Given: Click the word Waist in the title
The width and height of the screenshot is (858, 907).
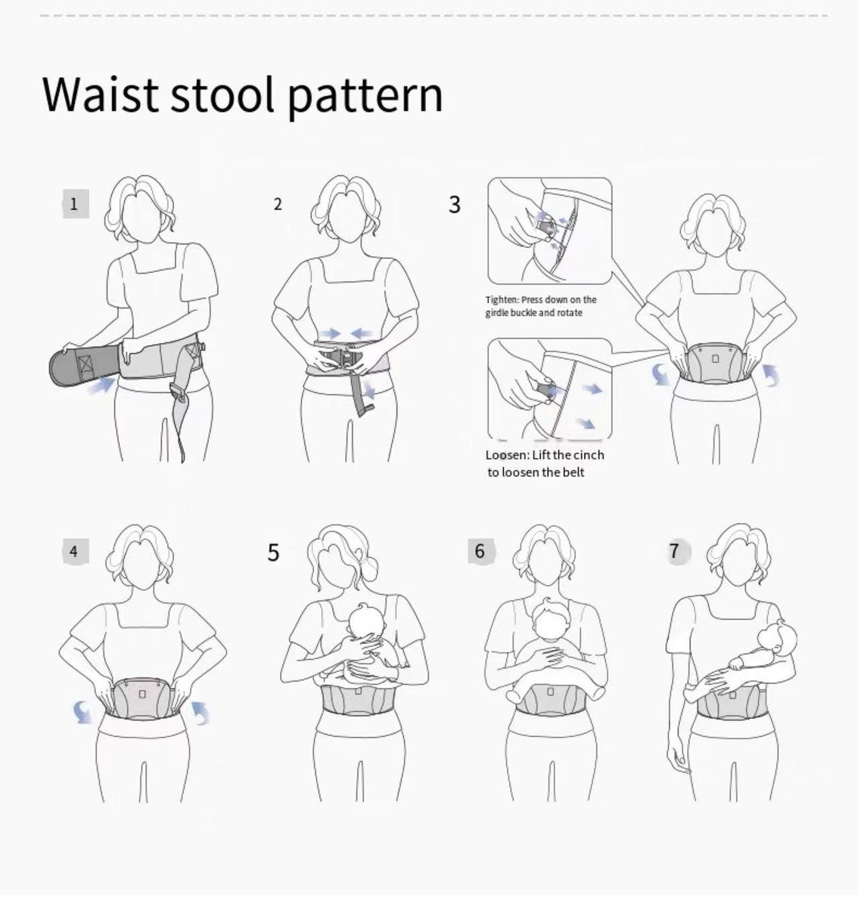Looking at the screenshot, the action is click(101, 95).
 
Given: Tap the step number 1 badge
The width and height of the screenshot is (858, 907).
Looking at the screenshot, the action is click(76, 203).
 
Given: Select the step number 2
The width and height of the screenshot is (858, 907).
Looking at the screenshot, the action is click(278, 205).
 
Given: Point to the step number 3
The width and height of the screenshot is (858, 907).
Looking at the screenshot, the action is click(454, 205).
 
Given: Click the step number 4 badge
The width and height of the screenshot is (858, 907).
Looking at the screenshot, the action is click(75, 552).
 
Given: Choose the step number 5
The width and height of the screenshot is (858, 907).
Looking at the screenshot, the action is click(273, 553).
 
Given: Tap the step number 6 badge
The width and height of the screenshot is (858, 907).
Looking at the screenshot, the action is click(480, 551).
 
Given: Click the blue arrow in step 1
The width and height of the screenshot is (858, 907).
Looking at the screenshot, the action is click(101, 385).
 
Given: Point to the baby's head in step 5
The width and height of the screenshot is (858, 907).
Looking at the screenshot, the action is click(366, 623).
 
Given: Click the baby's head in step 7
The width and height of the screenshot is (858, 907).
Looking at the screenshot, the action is click(777, 640).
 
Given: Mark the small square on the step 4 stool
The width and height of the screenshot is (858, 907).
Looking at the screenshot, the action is click(142, 694).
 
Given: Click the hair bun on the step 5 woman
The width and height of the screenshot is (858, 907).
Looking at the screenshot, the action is click(369, 569).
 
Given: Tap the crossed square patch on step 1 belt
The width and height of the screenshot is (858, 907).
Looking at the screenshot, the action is click(85, 364).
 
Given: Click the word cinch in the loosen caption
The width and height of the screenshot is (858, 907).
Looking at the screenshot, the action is click(588, 455).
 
